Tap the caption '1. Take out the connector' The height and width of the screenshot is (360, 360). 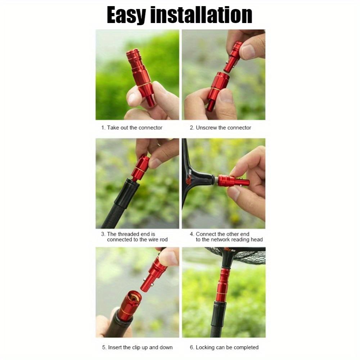[x=132, y=128]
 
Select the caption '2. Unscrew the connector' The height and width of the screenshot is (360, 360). [x=220, y=128]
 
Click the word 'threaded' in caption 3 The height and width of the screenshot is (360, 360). [x=135, y=234]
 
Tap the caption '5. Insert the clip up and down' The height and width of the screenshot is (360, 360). [x=137, y=347]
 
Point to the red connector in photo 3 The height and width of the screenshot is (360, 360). [x=140, y=167]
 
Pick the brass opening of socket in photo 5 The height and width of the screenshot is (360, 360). [x=134, y=297]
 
